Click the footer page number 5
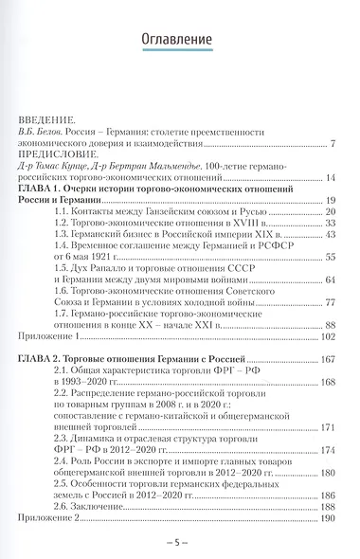179,543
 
